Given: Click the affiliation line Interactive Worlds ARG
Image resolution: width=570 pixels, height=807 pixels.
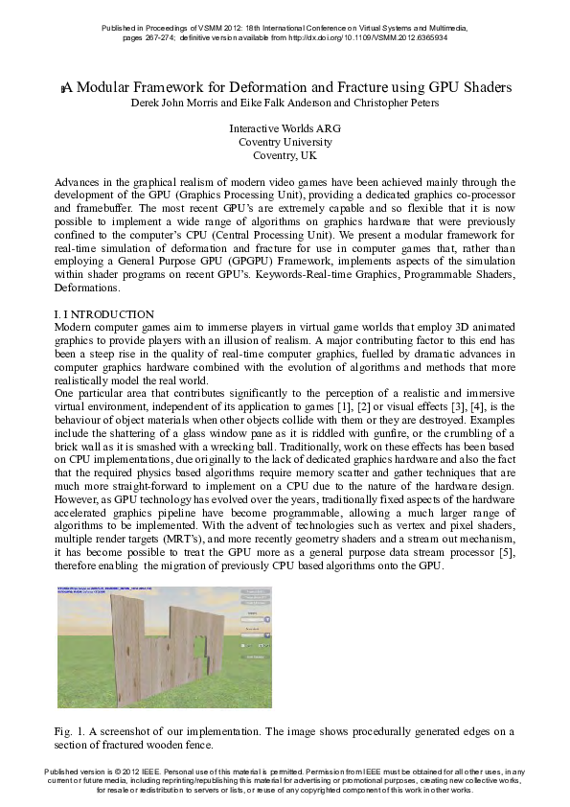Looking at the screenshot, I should (285, 128).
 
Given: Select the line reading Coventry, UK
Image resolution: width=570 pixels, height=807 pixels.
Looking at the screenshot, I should (285, 155).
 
